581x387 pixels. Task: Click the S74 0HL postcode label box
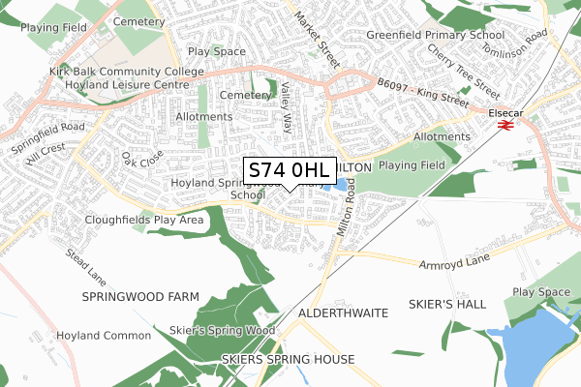[289, 170]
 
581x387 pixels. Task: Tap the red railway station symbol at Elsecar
[504, 124]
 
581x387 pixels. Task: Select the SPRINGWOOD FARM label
[140, 296]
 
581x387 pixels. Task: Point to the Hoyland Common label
[104, 335]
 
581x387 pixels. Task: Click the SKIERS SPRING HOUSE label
[289, 359]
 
